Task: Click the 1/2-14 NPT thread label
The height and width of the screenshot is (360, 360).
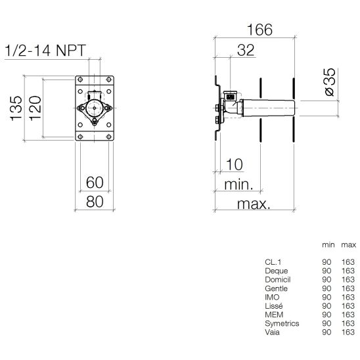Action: click(x=45, y=51)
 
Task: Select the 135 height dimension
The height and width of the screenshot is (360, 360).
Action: click(x=16, y=108)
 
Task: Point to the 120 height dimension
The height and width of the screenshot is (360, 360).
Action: click(x=35, y=108)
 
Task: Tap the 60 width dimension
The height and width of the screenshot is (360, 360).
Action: click(x=95, y=182)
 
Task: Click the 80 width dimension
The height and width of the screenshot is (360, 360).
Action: click(x=95, y=202)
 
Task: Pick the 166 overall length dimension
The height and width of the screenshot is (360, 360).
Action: click(x=259, y=30)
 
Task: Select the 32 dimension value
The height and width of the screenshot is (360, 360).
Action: click(x=246, y=50)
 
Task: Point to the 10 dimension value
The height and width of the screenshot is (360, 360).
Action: click(x=234, y=164)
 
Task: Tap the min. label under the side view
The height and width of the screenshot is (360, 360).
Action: click(x=238, y=185)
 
